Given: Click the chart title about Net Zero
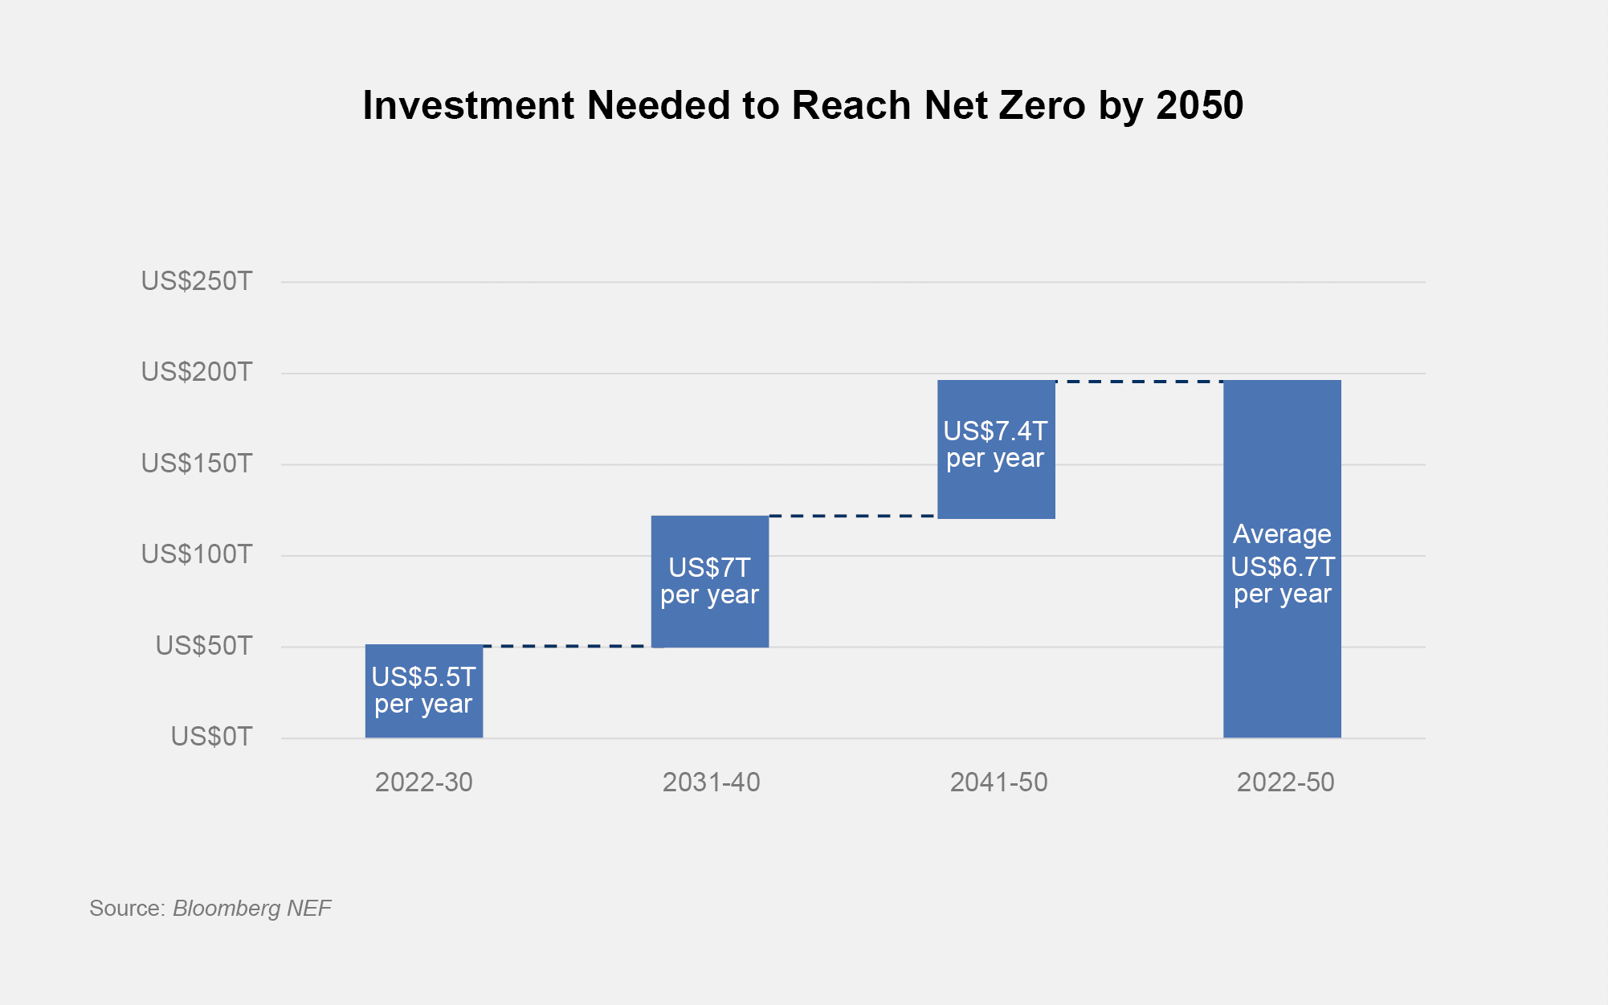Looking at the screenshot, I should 803,105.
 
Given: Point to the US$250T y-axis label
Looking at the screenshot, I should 197,281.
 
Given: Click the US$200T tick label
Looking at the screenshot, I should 197,372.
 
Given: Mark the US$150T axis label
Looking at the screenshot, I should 197,464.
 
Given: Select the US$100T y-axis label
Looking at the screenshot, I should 197,554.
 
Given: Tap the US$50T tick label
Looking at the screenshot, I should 204,646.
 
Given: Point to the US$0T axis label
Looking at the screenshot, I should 211,737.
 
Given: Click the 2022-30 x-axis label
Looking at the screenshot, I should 424,782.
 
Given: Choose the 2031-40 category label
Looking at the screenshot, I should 711,782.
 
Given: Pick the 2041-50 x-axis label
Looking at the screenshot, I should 998,782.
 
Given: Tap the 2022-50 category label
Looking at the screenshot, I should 1285,782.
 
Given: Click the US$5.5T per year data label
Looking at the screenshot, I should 424,691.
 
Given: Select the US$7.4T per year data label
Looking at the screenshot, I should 996,444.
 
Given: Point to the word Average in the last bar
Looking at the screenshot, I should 1282,534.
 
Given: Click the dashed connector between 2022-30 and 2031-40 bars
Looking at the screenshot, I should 567,646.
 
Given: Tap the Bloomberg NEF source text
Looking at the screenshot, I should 252,909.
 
